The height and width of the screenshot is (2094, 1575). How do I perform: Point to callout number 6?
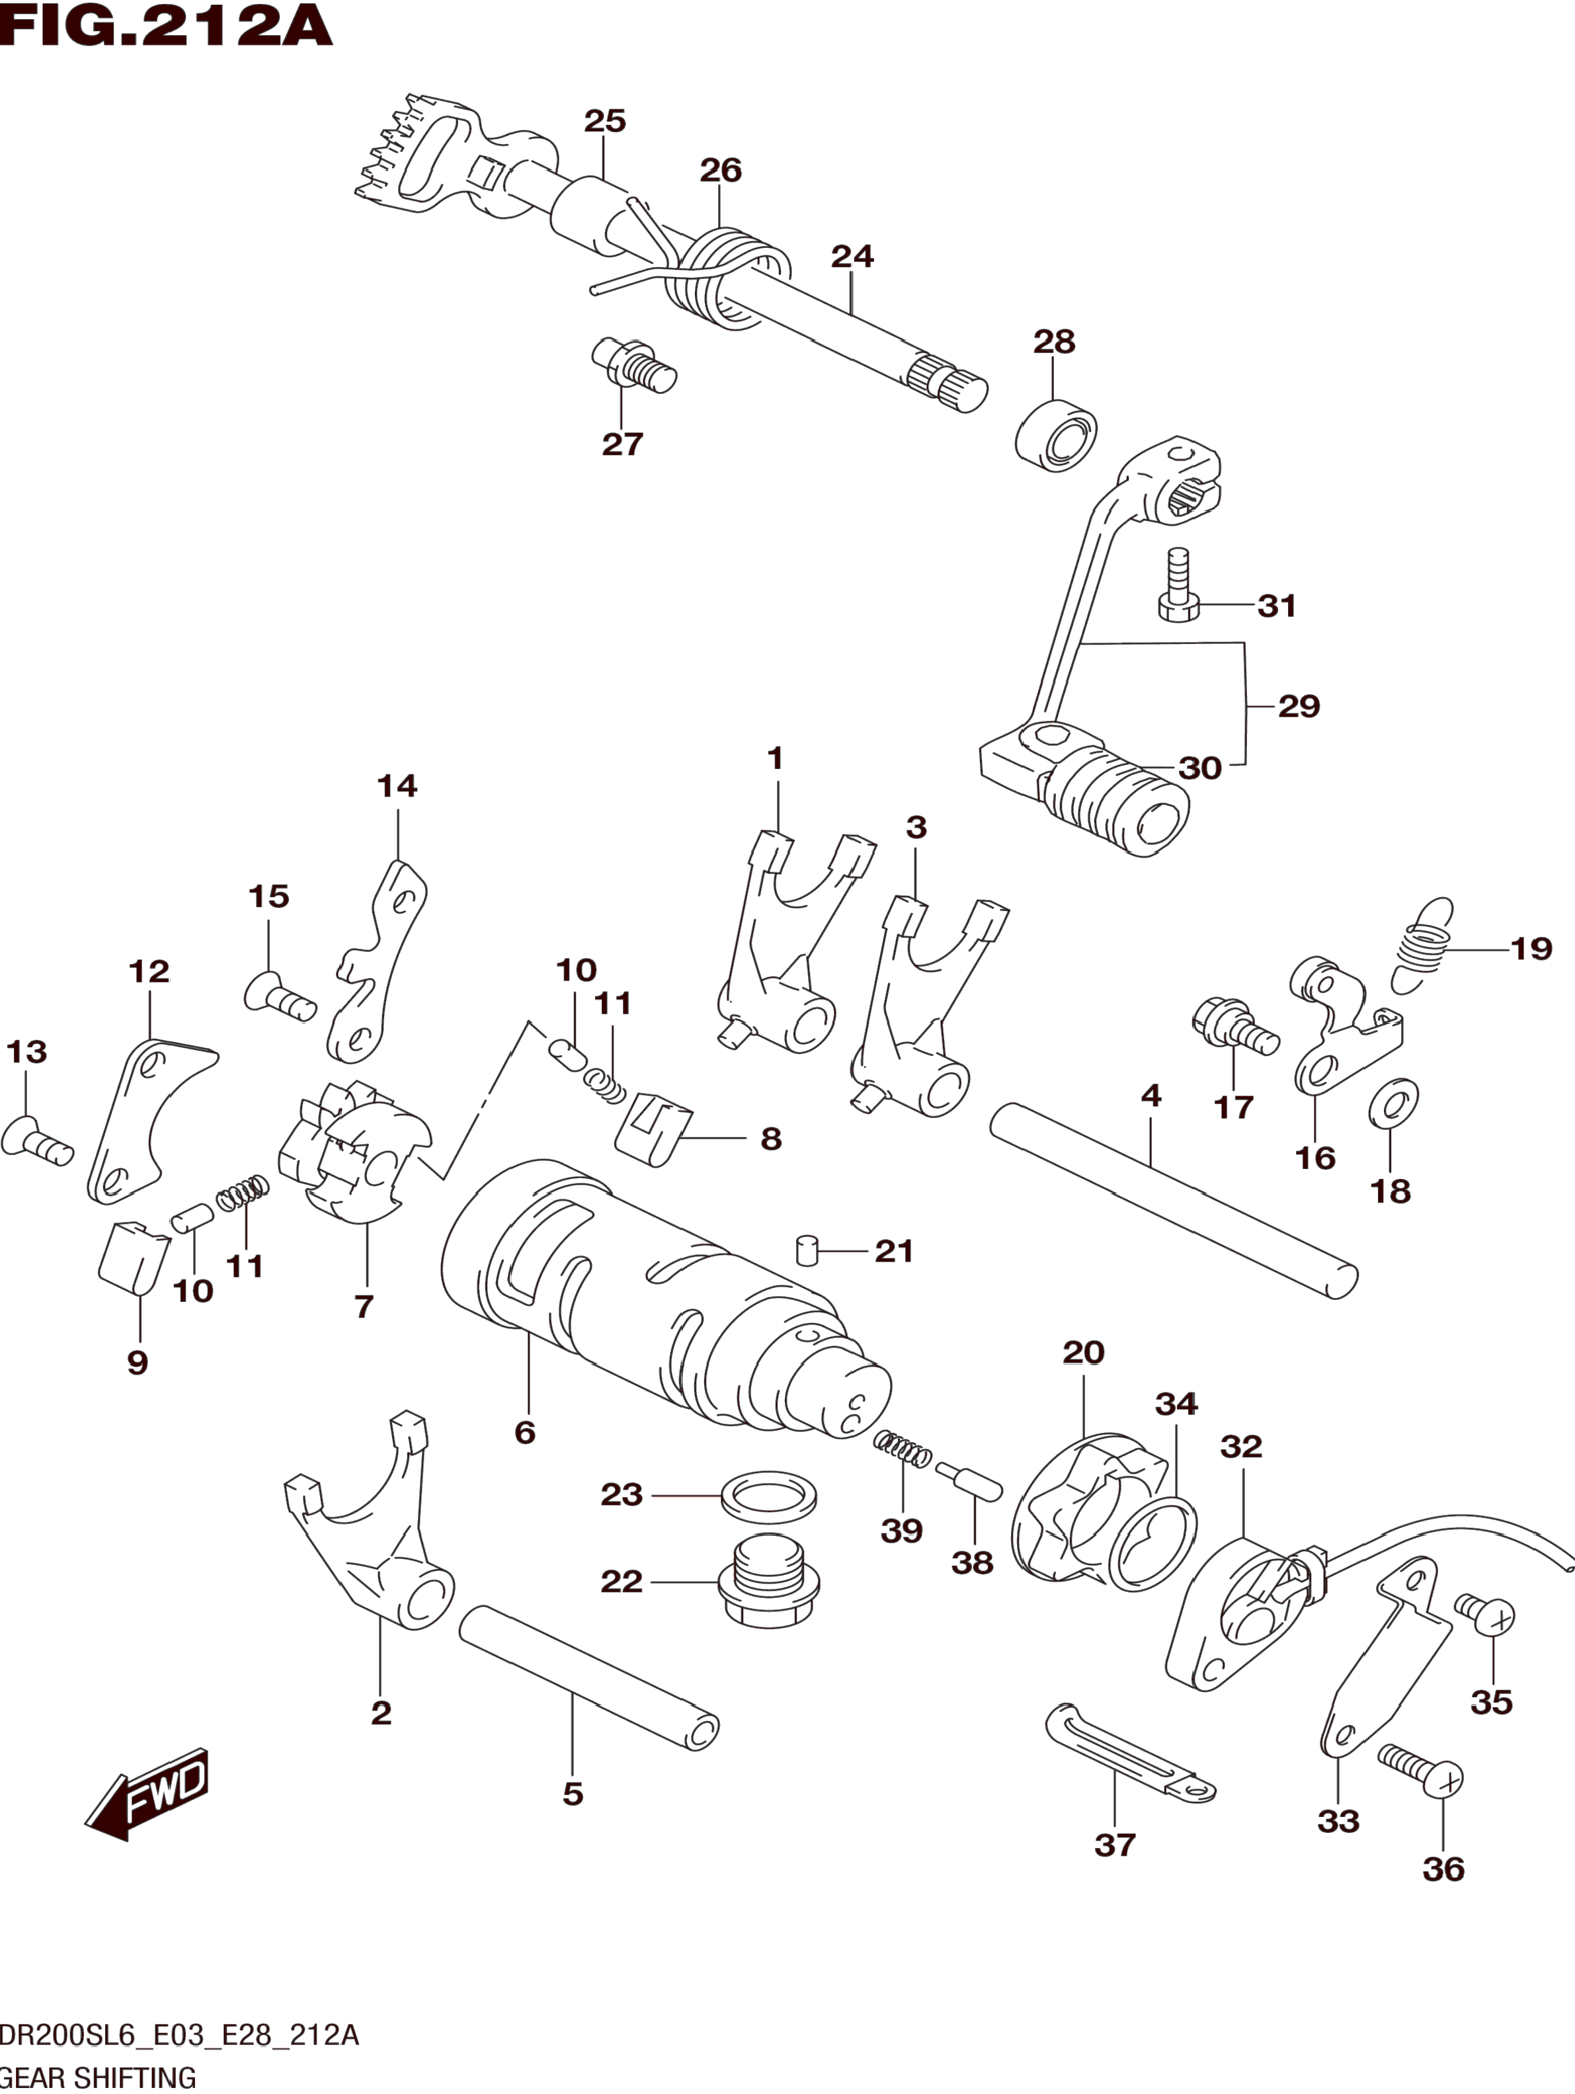(525, 1432)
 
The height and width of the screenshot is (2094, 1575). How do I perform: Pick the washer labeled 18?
(1394, 1103)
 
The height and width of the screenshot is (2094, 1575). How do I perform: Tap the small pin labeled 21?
(807, 1250)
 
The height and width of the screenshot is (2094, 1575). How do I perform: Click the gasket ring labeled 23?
(768, 1496)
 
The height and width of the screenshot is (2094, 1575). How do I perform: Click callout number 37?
(1114, 1844)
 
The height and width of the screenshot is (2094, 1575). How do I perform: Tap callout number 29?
(1299, 705)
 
